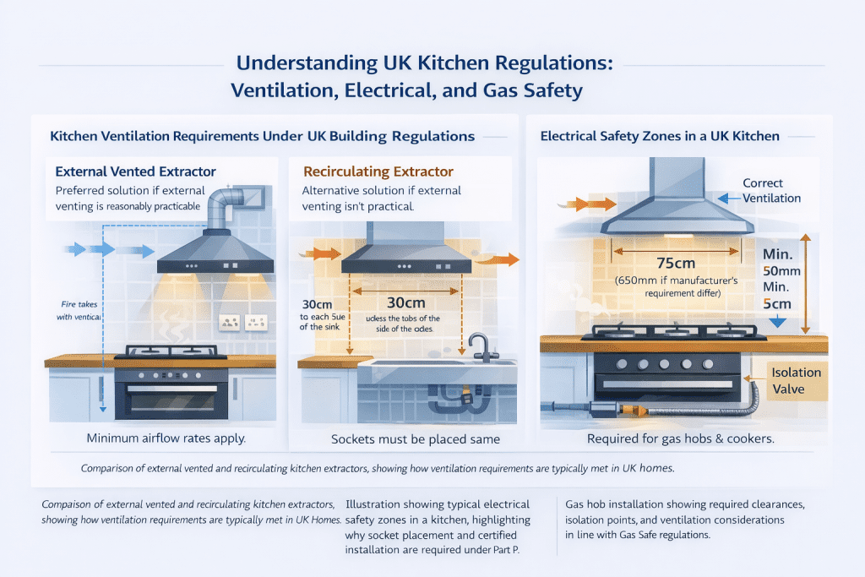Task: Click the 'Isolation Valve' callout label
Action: point(796,380)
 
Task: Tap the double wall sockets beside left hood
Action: point(243,322)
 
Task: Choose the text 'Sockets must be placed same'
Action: point(414,439)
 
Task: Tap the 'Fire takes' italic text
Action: point(80,303)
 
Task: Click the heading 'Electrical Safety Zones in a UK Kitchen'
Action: point(660,135)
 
